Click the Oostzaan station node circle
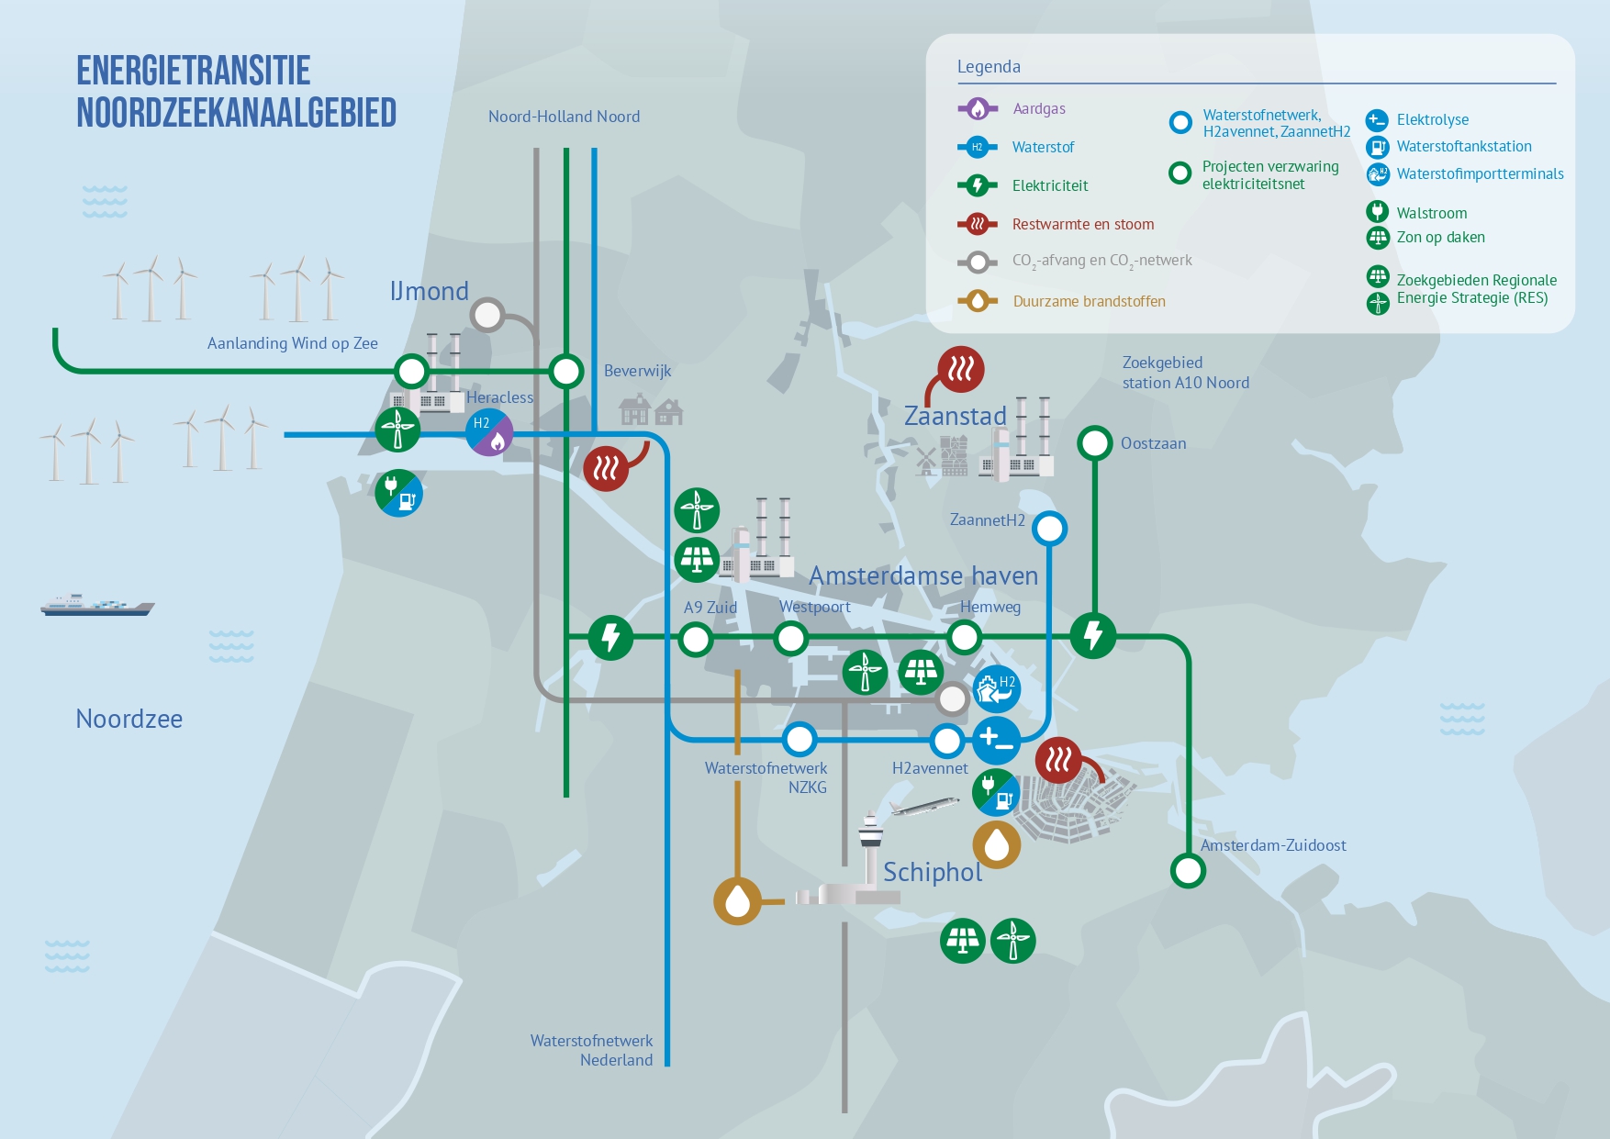click(x=1094, y=443)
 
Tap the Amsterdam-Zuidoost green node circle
click(x=1188, y=870)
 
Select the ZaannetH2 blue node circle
click(x=1049, y=529)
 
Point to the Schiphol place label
click(x=933, y=872)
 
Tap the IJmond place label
click(x=430, y=291)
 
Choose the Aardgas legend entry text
click(x=1039, y=108)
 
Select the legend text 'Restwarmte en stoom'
click(x=1083, y=224)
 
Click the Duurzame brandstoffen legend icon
click(x=978, y=301)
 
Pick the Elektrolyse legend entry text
click(x=1433, y=119)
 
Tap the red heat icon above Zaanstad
click(x=961, y=369)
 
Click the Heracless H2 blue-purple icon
click(x=489, y=431)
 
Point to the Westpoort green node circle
click(x=790, y=638)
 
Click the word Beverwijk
click(x=638, y=371)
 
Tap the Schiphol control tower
click(x=869, y=848)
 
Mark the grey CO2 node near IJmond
click(x=487, y=315)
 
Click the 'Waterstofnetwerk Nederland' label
click(x=592, y=1050)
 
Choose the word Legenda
click(x=989, y=67)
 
